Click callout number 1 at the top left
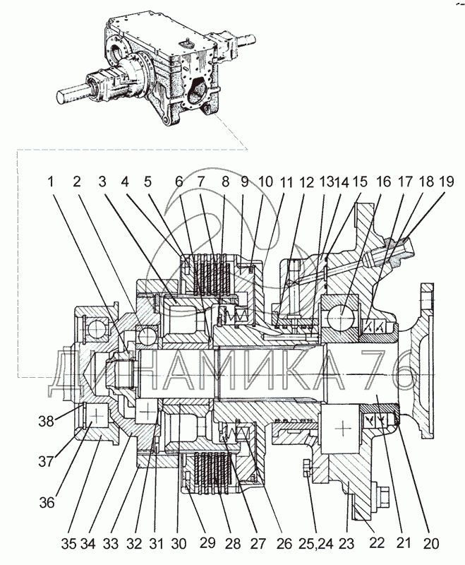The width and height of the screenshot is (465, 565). pyautogui.click(x=52, y=182)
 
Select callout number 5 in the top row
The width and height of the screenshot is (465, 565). pyautogui.click(x=148, y=182)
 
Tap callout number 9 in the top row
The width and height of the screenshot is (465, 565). pyautogui.click(x=245, y=182)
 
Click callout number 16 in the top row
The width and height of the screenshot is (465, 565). pyautogui.click(x=385, y=182)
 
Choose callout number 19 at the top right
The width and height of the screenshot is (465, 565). pyautogui.click(x=447, y=182)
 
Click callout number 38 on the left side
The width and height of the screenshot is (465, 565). pyautogui.click(x=46, y=421)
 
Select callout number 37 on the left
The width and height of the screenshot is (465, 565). pyautogui.click(x=46, y=461)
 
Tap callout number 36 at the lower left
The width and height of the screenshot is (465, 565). pyautogui.click(x=47, y=502)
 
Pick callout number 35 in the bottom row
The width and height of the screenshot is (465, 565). pyautogui.click(x=68, y=544)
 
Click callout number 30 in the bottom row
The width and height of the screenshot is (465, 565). pyautogui.click(x=179, y=544)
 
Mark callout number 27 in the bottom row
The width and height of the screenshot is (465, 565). pyautogui.click(x=258, y=544)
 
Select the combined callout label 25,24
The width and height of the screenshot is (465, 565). pyautogui.click(x=315, y=544)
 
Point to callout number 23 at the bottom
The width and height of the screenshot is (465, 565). pyautogui.click(x=346, y=544)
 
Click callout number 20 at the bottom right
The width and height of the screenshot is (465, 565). pyautogui.click(x=432, y=544)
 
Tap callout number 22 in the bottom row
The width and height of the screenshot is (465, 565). pyautogui.click(x=377, y=542)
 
